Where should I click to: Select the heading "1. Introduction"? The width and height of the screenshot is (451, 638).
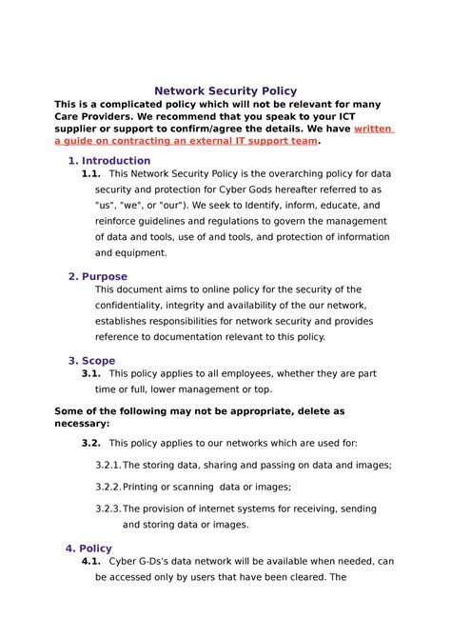pyautogui.click(x=109, y=160)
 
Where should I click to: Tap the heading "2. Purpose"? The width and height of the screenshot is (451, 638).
pyautogui.click(x=98, y=276)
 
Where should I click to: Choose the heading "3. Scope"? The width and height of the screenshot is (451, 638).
pyautogui.click(x=92, y=361)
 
